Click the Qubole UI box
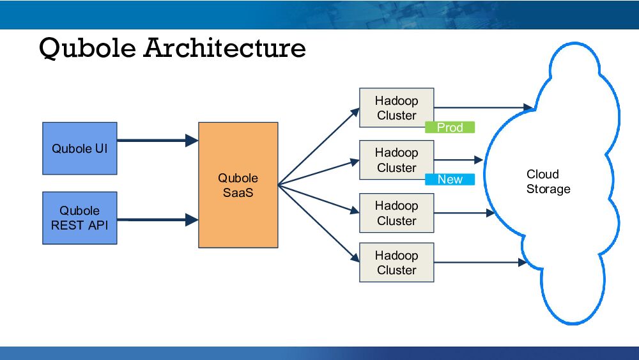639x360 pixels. (x=79, y=148)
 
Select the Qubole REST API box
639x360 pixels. (x=79, y=218)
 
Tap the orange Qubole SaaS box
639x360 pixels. (x=238, y=185)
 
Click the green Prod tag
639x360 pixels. (x=450, y=127)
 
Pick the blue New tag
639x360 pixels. (x=450, y=180)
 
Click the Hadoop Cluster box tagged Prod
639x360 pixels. (x=396, y=107)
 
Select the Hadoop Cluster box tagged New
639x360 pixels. (x=396, y=160)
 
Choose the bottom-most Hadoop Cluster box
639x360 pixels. (x=396, y=262)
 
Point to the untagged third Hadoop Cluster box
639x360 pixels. (x=396, y=213)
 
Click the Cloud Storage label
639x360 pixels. (x=548, y=182)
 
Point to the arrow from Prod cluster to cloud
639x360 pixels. (x=483, y=107)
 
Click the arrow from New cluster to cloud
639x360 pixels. (x=458, y=160)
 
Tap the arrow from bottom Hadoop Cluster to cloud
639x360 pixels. (x=479, y=262)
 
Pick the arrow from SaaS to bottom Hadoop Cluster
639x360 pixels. (x=319, y=224)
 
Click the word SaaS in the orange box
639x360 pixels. (x=238, y=192)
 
